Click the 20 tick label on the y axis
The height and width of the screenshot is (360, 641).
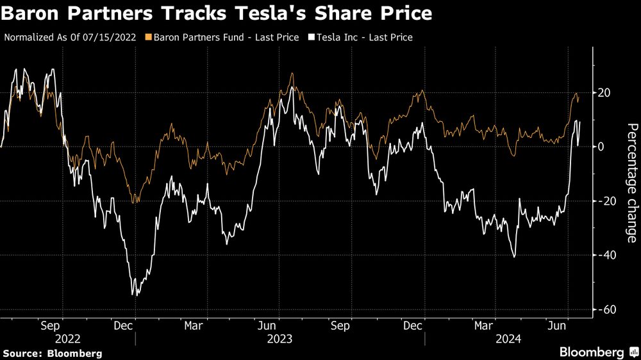[604, 93]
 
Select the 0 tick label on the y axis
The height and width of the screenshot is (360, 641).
[601, 147]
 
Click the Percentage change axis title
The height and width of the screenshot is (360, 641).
[631, 183]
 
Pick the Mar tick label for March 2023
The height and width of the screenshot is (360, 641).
[194, 325]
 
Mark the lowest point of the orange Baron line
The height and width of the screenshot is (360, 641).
[135, 203]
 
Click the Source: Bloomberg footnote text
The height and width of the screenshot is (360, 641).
[53, 353]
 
